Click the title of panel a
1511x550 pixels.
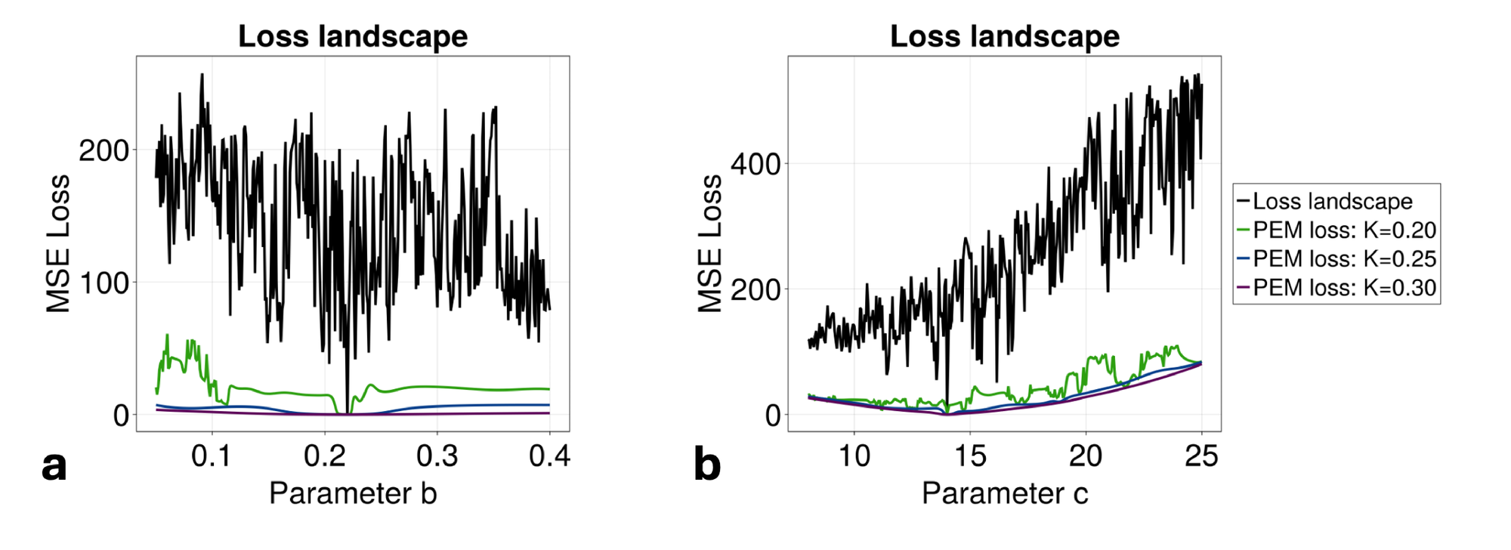coord(353,36)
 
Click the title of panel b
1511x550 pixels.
coord(1004,36)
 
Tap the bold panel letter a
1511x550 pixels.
coord(54,465)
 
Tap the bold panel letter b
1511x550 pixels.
coord(706,465)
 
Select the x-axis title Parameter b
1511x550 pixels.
coord(353,493)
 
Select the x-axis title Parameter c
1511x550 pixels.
coord(1004,493)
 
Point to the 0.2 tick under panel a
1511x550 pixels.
coord(325,456)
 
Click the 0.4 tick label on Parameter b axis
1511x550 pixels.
coord(549,456)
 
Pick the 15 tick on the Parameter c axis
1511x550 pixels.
coord(970,456)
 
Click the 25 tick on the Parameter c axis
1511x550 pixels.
coord(1201,456)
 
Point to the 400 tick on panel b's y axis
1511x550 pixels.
coord(755,164)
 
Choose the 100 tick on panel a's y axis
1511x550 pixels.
coord(104,283)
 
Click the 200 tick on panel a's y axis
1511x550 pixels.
coord(104,150)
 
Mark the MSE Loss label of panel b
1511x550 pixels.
coord(709,243)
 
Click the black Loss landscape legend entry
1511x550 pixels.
coord(1332,201)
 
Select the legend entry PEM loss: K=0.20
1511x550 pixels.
coord(1343,230)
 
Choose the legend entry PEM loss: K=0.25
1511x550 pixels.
coord(1343,258)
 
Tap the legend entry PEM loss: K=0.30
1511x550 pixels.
coord(1343,287)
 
